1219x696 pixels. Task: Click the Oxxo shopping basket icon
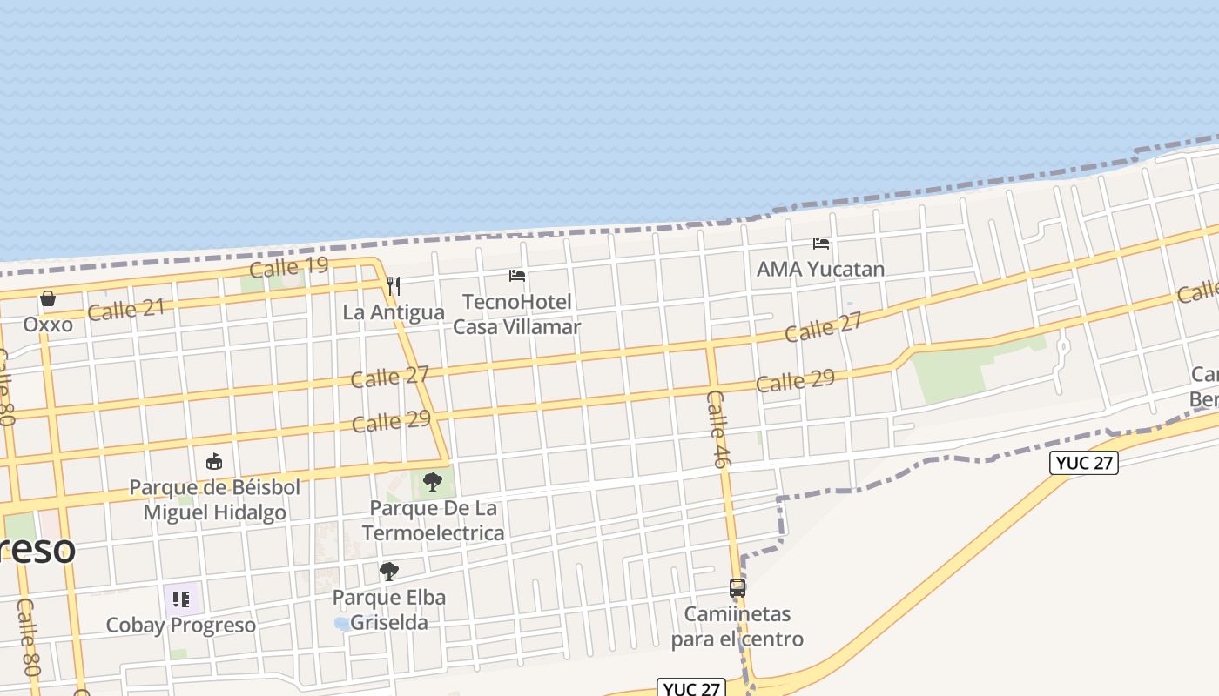pos(48,298)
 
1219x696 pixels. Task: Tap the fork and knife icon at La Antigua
pos(394,285)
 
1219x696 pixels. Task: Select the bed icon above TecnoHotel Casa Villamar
pos(517,276)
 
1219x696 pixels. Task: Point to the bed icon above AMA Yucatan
pos(821,244)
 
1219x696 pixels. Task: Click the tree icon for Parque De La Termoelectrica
pos(432,481)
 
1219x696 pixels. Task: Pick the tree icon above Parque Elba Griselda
pos(389,572)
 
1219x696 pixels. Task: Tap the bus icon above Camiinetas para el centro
pos(737,588)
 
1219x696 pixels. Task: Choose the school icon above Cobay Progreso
pos(181,599)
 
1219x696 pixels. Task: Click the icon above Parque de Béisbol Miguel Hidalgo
pos(214,461)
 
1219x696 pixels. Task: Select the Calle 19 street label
pos(288,266)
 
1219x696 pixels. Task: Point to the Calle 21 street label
pos(125,309)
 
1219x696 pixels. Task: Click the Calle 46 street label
pos(717,428)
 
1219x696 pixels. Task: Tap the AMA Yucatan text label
pos(820,269)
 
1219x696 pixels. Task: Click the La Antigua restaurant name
pos(394,311)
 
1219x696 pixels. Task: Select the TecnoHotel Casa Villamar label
pos(517,314)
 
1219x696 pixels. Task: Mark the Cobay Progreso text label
pos(181,625)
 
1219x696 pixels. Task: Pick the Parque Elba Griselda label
pos(389,610)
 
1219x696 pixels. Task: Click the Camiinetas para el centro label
pos(737,626)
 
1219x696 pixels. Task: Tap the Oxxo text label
pos(48,324)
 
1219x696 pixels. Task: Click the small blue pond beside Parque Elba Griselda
pos(341,624)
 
